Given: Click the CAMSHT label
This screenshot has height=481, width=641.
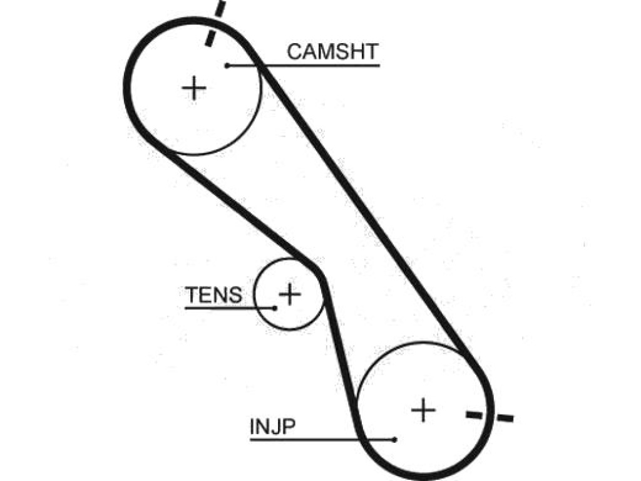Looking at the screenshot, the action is (x=332, y=52).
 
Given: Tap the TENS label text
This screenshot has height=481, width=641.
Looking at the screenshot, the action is (x=213, y=295).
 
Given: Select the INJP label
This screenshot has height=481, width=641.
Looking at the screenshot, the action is (x=272, y=427).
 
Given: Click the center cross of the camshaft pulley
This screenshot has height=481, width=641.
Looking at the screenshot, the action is (x=194, y=88).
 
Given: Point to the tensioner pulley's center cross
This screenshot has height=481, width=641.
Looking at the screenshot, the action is (x=290, y=294).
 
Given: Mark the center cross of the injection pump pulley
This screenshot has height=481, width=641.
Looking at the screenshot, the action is (x=423, y=410).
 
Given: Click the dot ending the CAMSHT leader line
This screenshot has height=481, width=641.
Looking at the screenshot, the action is (x=227, y=65).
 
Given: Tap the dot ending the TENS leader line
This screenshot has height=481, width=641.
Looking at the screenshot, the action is (x=275, y=308).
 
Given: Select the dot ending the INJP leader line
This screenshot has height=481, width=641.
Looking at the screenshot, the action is (x=394, y=440).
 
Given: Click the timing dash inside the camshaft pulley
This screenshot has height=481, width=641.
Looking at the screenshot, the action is (x=210, y=39).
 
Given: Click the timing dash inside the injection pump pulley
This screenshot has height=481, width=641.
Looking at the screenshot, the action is (x=474, y=415).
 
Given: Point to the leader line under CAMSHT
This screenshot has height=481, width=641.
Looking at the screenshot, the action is (x=304, y=65).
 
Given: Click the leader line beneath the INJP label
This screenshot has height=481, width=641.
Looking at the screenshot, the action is (x=322, y=440).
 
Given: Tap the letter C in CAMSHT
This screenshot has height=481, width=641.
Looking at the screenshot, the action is (x=294, y=52).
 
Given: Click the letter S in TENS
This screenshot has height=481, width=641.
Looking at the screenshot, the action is (x=235, y=295).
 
